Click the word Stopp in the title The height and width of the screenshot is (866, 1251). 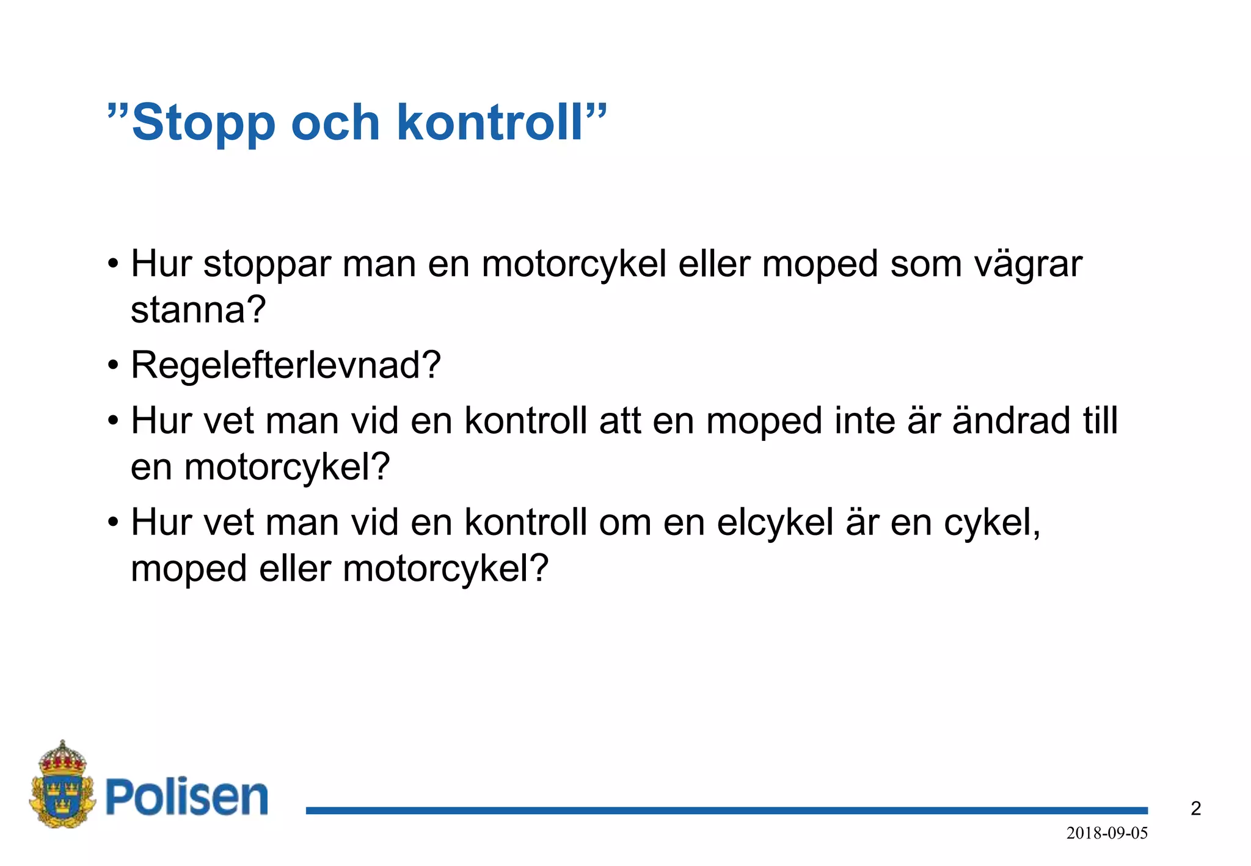click(203, 123)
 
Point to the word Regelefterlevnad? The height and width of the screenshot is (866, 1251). click(285, 365)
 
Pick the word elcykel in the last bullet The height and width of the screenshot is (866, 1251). click(775, 523)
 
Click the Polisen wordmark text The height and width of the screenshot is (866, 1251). click(187, 797)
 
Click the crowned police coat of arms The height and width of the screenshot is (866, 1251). click(62, 785)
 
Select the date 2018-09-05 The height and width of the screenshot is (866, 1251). click(1107, 833)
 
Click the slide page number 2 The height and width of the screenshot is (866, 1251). click(1195, 809)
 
